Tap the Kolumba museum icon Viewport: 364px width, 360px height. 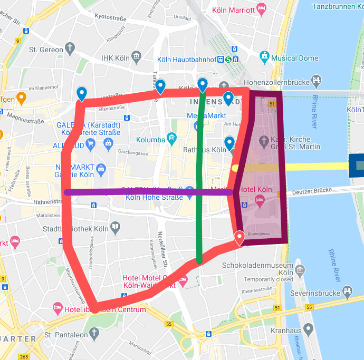coord(171,139)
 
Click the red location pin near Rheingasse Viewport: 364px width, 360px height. coord(240,237)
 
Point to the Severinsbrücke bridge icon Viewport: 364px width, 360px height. coord(348,290)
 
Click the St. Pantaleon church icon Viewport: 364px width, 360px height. coord(94,333)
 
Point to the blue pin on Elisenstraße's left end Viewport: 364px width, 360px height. coord(82,93)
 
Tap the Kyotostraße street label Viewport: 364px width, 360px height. coord(111,17)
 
